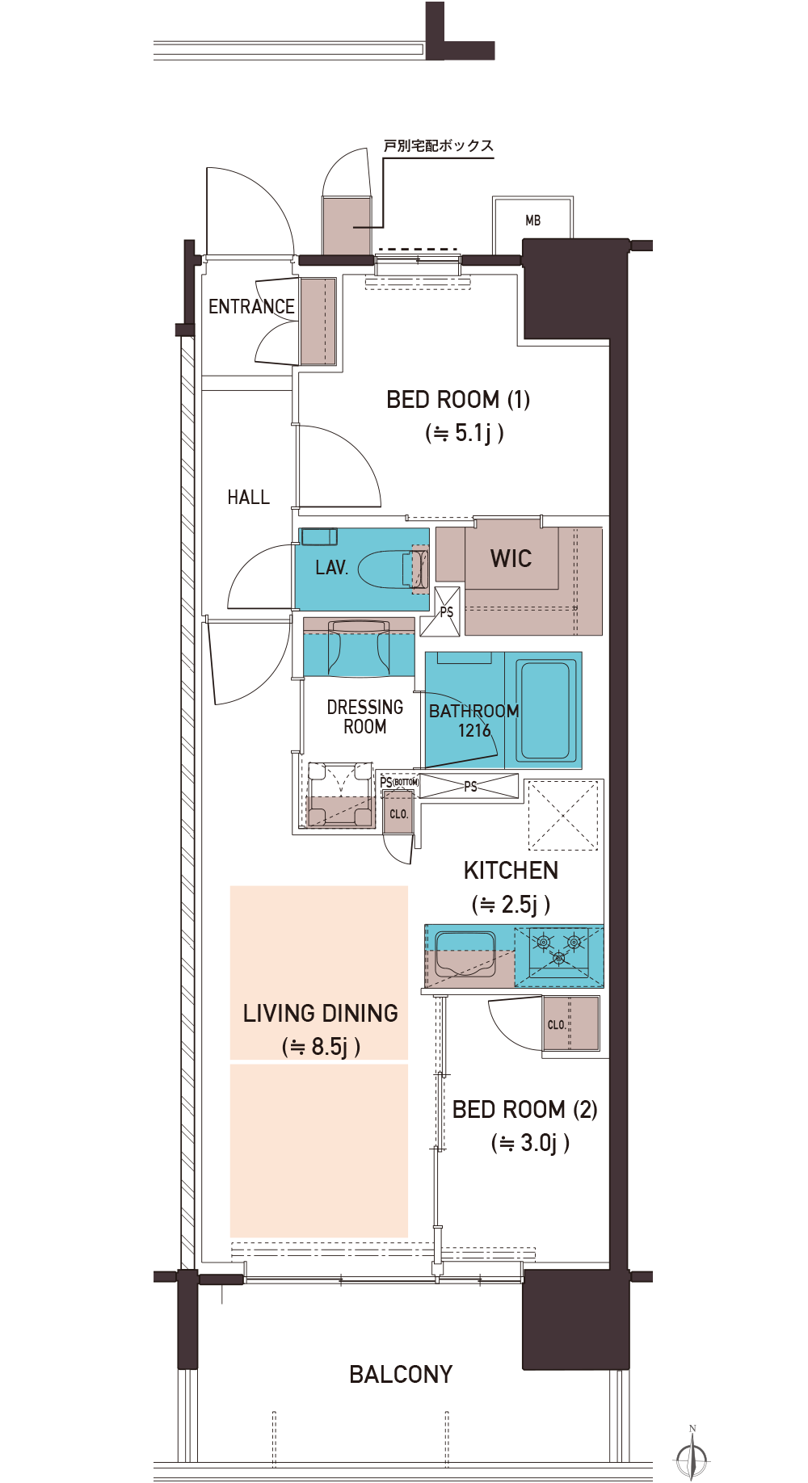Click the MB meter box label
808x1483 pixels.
(532, 221)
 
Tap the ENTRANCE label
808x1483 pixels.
(251, 307)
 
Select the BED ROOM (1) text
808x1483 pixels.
(458, 400)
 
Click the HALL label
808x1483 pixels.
(248, 498)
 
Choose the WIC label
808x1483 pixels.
(511, 559)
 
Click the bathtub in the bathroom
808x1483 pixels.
(545, 710)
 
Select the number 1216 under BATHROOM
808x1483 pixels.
(474, 731)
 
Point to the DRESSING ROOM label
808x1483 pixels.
(365, 717)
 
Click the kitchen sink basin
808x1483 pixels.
(465, 954)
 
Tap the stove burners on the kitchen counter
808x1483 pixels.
(558, 947)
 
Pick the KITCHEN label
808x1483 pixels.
(511, 871)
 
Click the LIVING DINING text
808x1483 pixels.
(320, 1014)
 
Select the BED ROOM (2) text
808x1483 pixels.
(524, 1110)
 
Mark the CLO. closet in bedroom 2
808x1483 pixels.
(570, 1024)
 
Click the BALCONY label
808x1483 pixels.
(401, 1375)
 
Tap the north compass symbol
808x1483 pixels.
(692, 1456)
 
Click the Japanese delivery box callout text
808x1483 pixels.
(438, 146)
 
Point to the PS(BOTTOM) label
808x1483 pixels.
(399, 782)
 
